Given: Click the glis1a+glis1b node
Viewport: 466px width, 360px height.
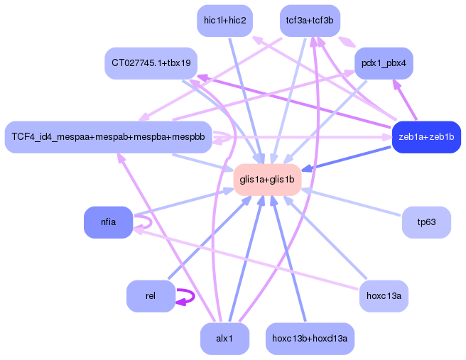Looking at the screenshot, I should [267, 180].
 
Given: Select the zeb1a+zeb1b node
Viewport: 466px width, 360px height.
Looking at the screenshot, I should [426, 137].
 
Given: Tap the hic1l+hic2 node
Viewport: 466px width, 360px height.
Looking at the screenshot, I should [224, 21].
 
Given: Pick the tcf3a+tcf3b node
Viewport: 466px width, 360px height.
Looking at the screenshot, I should [310, 21].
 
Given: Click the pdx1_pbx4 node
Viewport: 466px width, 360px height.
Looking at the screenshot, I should [384, 63].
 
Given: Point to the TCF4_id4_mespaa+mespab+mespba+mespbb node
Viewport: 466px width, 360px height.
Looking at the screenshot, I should [108, 137].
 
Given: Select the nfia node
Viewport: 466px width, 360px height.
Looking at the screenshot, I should [108, 222].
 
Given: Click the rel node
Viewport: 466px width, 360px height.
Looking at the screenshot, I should [150, 296].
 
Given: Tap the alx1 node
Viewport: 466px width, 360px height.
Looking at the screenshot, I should [224, 339].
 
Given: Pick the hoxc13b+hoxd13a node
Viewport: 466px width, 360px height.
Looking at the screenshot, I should [310, 339].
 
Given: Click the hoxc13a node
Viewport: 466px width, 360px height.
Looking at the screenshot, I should [384, 296].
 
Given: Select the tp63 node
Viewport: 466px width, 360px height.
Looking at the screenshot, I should [426, 222].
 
